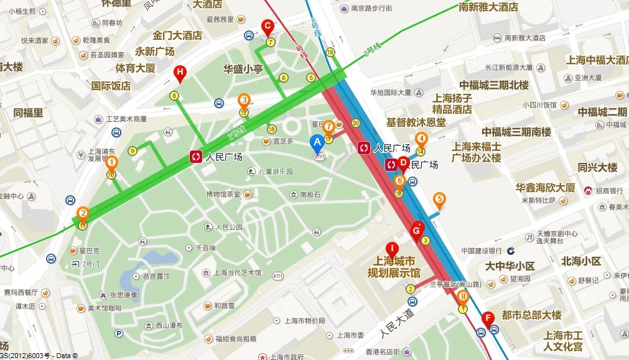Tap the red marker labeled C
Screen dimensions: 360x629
268,27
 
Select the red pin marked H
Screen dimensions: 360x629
180,73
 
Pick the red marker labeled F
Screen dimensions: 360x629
488,317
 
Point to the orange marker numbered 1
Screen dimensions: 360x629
111,164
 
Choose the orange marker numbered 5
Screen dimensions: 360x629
439,200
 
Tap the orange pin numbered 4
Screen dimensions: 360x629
421,139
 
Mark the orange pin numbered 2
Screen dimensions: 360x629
82,214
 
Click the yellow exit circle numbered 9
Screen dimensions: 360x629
132,150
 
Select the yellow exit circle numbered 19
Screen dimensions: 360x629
330,52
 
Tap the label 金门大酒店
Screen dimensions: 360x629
177,35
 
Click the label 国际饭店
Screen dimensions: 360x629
111,86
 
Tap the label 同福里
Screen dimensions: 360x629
28,113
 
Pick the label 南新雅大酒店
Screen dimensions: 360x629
488,7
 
